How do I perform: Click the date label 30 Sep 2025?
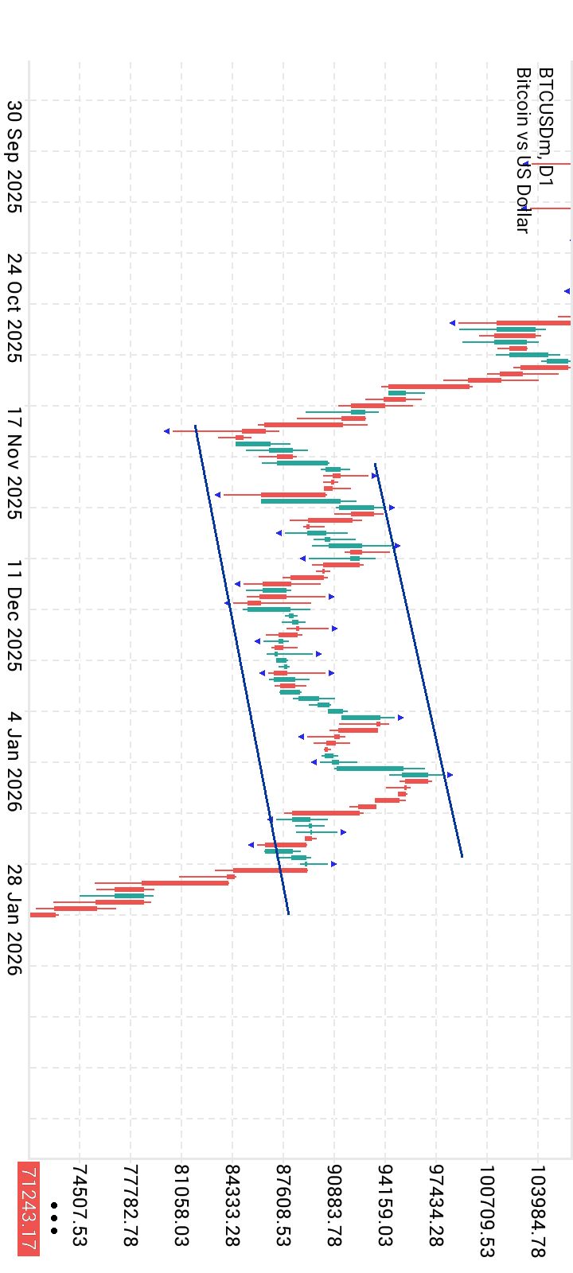(x=14, y=157)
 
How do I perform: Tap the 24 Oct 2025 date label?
(x=14, y=308)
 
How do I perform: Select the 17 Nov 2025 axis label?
(x=14, y=463)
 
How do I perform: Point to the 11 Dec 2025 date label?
(x=14, y=615)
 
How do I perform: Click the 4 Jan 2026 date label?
(x=14, y=761)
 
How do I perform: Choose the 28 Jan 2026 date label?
(x=14, y=920)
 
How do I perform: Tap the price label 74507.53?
(x=80, y=1205)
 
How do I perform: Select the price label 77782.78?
(x=131, y=1205)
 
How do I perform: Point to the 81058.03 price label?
(x=181, y=1205)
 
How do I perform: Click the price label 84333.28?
(x=232, y=1205)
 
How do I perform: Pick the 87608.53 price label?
(x=283, y=1205)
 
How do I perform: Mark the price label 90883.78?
(x=334, y=1205)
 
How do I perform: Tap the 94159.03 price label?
(x=385, y=1205)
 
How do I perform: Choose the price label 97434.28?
(x=436, y=1205)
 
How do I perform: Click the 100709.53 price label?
(x=487, y=1211)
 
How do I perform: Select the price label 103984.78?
(x=538, y=1211)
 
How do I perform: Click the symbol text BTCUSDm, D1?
(x=545, y=127)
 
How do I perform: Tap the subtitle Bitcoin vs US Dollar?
(x=523, y=150)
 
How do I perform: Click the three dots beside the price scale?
(x=53, y=1218)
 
